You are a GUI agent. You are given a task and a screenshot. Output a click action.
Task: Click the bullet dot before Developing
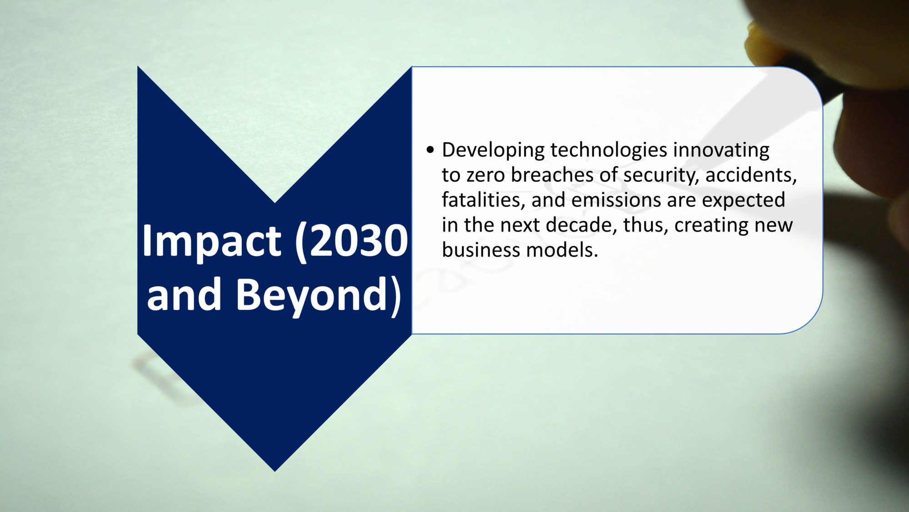click(430, 149)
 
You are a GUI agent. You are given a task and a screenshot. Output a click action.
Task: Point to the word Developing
click(493, 151)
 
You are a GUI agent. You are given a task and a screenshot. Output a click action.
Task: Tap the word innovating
click(721, 151)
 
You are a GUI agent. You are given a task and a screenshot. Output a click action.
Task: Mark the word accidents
click(751, 176)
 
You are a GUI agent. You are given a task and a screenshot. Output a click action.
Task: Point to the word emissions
click(616, 200)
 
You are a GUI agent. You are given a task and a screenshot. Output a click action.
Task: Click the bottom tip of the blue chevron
click(275, 471)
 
